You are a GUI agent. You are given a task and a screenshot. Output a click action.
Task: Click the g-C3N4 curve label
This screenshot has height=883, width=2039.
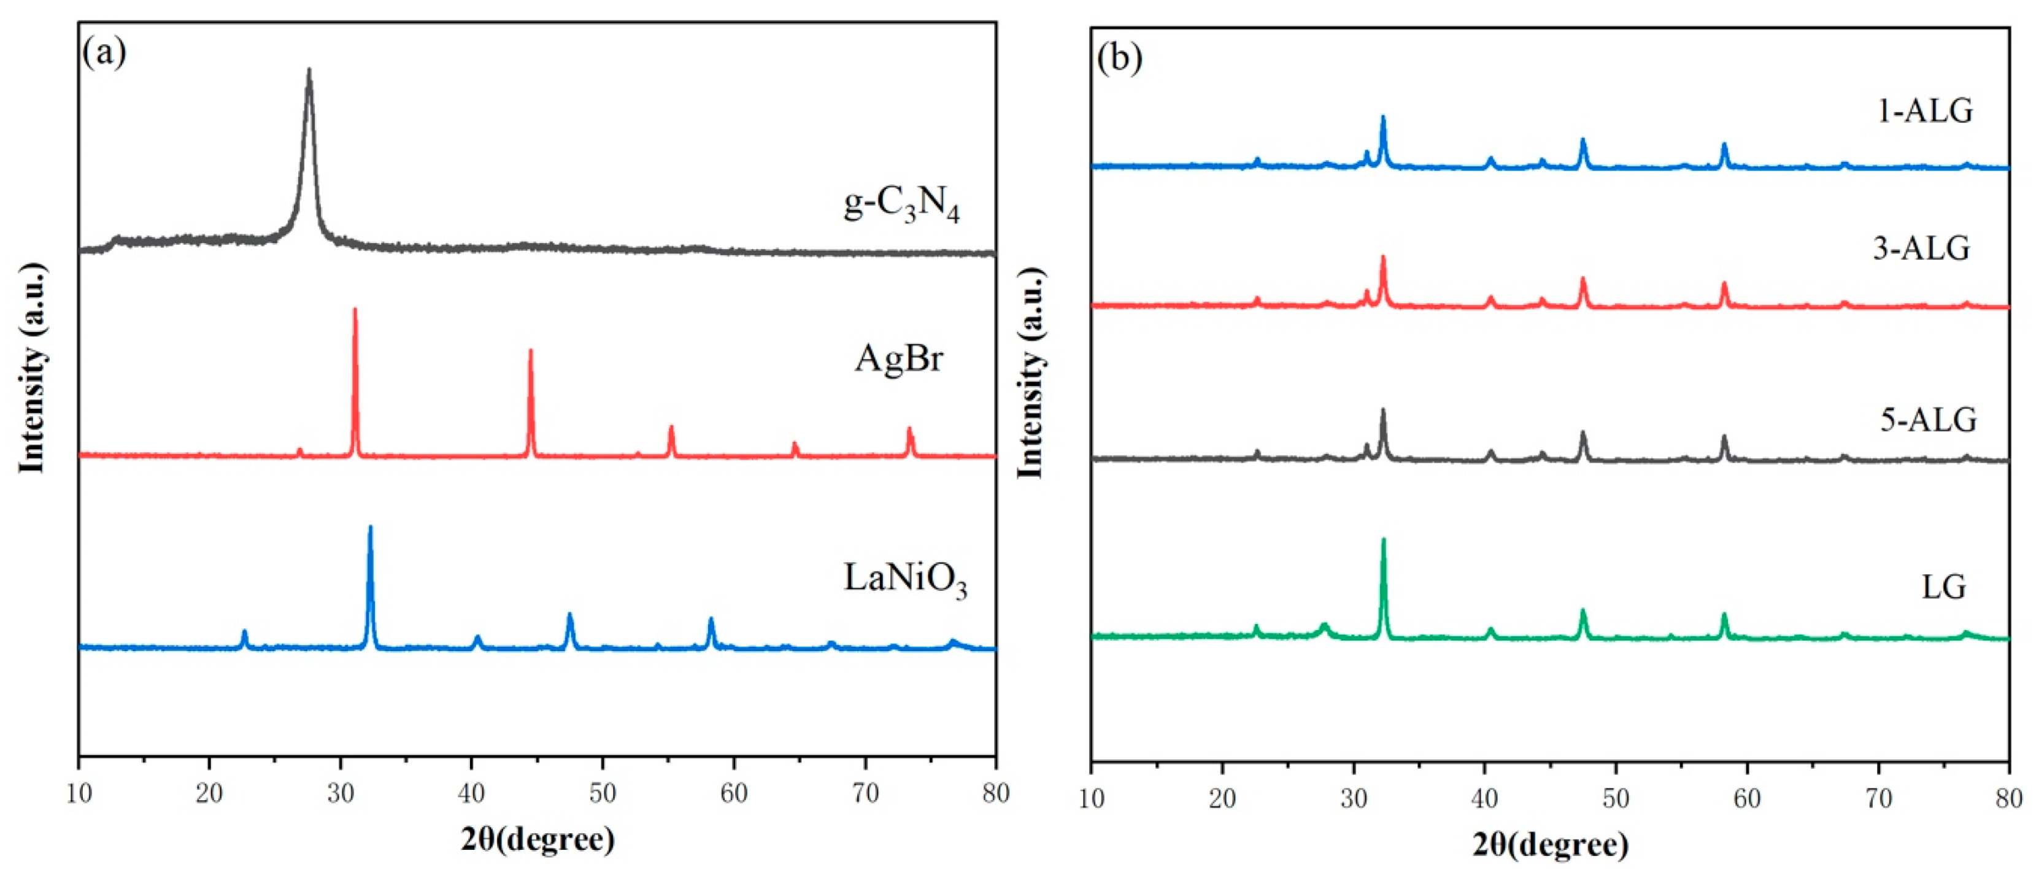(901, 205)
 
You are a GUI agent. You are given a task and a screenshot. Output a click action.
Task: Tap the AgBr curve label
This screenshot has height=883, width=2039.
(898, 359)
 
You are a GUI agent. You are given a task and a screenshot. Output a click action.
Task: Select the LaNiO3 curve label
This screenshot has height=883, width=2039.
(904, 579)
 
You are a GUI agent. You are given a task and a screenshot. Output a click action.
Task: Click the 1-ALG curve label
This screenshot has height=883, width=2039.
(1925, 111)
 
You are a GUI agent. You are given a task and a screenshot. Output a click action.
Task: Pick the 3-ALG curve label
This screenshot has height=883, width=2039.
(1921, 249)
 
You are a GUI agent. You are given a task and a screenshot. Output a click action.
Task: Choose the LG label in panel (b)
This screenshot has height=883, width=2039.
(1943, 587)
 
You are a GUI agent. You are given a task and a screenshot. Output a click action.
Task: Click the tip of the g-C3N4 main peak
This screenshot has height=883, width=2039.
(309, 71)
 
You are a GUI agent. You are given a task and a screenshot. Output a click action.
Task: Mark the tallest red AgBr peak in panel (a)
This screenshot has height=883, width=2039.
(355, 310)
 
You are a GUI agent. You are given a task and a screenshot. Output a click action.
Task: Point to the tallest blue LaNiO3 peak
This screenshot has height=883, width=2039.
(369, 528)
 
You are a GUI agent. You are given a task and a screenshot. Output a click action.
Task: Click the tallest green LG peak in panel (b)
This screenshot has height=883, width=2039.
(1384, 541)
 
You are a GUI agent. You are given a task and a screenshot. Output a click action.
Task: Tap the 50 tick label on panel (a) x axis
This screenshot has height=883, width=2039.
(603, 792)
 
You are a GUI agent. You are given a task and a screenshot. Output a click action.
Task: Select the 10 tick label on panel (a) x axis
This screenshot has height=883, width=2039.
(79, 792)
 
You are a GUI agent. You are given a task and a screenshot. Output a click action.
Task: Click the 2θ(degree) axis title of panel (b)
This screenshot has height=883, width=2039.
(1550, 845)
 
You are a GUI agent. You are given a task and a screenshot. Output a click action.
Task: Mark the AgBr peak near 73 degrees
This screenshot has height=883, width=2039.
(909, 430)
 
